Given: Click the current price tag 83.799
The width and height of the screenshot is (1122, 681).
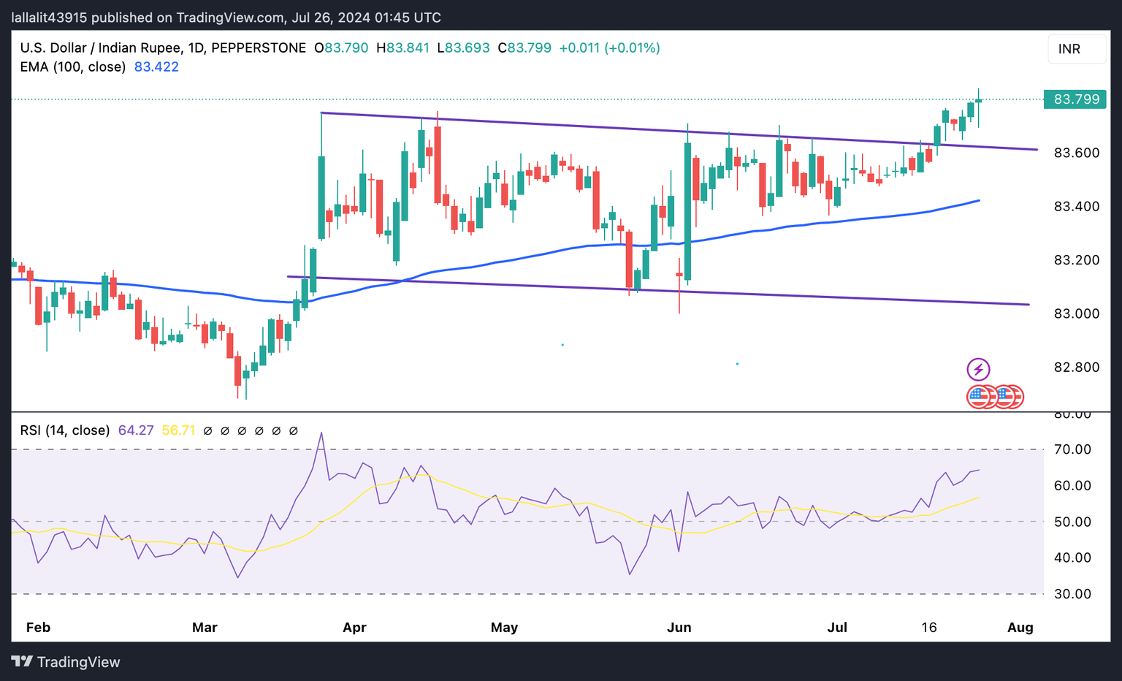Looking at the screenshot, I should [x=1075, y=99].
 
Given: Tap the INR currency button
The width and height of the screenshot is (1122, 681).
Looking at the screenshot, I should [x=1069, y=49].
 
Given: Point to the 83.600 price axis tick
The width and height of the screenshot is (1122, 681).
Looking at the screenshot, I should [x=1076, y=153].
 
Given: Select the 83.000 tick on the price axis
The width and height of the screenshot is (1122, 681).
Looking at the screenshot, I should [x=1076, y=313].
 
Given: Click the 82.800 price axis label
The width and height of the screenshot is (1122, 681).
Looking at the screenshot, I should [x=1076, y=367].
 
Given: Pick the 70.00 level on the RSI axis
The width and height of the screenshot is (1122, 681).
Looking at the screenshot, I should [x=1072, y=449].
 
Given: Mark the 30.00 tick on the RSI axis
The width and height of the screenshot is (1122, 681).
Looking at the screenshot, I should [x=1072, y=594].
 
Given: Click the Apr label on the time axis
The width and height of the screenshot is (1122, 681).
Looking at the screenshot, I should [x=354, y=628].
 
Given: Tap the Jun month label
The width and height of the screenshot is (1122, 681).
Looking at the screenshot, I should [x=679, y=628].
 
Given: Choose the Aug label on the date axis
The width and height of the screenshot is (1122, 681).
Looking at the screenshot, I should [x=1020, y=628].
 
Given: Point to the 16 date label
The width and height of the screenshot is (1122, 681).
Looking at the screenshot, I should [x=928, y=628].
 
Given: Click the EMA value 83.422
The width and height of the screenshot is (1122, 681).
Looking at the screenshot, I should [x=156, y=67].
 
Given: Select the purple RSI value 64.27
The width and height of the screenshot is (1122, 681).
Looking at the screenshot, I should [x=136, y=430].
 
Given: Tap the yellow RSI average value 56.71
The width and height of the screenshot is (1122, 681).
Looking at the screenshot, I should [x=178, y=430].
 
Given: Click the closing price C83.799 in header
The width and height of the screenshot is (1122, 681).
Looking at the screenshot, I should [x=524, y=48].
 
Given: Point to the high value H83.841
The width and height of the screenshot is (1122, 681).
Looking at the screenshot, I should [x=402, y=48].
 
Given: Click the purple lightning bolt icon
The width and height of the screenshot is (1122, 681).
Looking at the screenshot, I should [x=978, y=369].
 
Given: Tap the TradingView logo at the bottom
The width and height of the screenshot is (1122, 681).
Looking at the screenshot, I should [x=66, y=662].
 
